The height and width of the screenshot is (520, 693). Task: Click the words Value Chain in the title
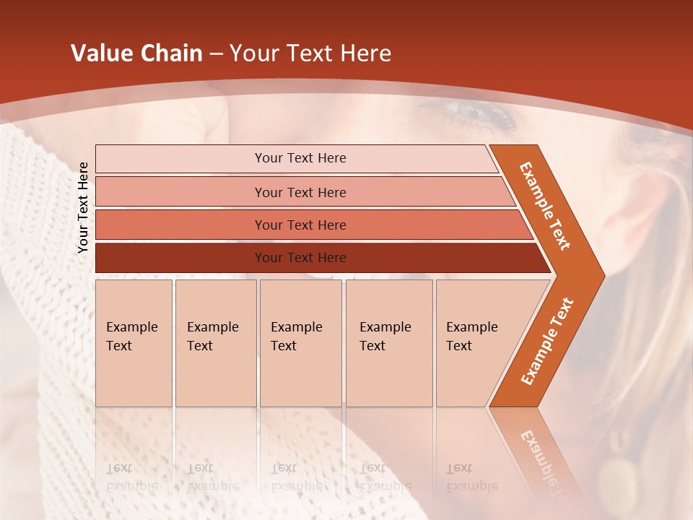(x=136, y=53)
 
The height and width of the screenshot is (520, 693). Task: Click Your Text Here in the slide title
(x=310, y=53)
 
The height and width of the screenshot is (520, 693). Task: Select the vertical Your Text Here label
(x=83, y=207)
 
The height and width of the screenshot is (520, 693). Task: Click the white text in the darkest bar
(x=300, y=258)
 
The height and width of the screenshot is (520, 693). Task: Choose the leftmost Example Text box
(x=134, y=342)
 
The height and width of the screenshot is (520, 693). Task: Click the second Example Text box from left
(x=215, y=342)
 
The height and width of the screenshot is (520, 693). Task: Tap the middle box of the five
(x=300, y=342)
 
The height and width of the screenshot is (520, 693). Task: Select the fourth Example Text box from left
(x=388, y=342)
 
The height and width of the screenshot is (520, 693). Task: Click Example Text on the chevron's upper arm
(x=545, y=207)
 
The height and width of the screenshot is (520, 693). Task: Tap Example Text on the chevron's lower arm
(x=546, y=342)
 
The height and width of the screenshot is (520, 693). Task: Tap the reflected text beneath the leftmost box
(x=132, y=477)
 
